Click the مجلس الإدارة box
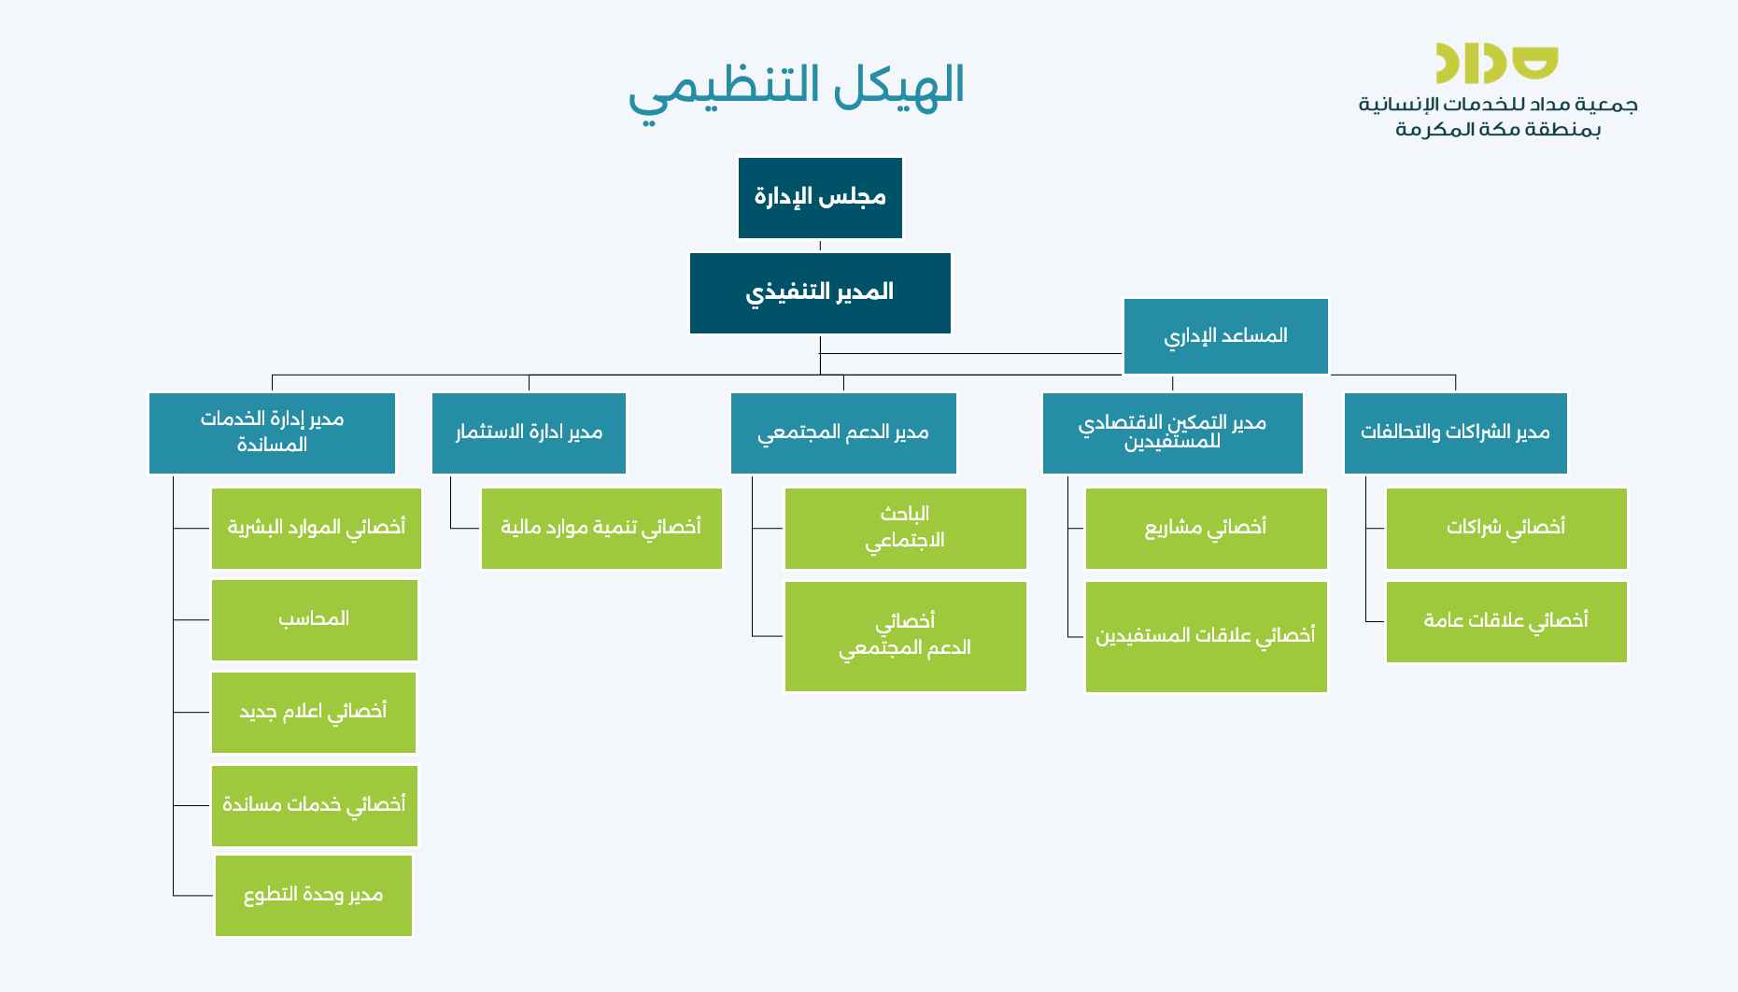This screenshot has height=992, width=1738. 820,198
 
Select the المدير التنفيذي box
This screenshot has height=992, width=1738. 820,293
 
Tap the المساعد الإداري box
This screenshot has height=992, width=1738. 1225,336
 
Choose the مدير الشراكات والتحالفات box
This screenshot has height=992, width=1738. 1455,433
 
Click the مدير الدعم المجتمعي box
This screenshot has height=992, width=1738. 843,433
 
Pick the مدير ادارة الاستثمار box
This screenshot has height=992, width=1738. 529,433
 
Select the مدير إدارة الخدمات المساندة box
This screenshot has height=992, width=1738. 272,433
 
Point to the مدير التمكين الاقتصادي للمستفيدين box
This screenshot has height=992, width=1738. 1172,433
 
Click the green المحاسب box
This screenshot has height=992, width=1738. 315,620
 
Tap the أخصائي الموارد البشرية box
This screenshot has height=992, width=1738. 317,529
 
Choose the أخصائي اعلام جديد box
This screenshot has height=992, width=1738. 314,713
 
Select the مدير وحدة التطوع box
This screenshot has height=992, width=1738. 314,896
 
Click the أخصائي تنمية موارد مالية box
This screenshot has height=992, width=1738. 601,529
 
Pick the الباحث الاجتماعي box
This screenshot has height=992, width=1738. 905,529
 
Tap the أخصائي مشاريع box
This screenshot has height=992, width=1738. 1206,529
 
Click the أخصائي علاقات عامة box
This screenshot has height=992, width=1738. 1506,622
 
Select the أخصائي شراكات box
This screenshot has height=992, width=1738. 1506,529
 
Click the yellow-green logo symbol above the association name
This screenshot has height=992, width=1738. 1497,64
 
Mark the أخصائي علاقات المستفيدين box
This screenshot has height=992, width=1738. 1206,637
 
